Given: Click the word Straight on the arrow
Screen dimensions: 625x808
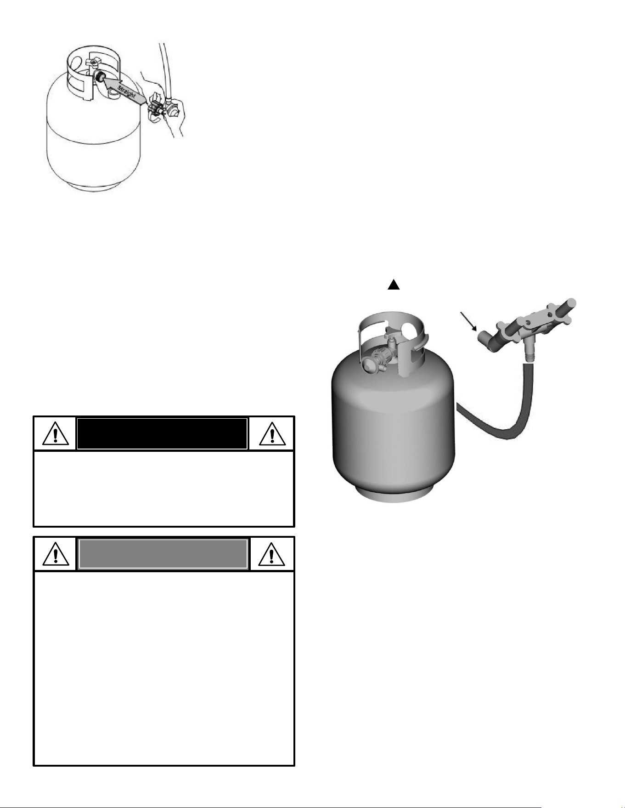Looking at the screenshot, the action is tap(126, 90).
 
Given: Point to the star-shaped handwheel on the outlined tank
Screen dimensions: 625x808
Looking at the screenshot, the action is tap(95, 62).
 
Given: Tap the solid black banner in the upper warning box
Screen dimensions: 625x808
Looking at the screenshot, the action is tap(162, 433).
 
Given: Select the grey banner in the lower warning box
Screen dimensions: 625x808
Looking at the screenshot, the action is tap(163, 553).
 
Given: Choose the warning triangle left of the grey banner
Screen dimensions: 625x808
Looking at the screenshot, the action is tap(55, 554).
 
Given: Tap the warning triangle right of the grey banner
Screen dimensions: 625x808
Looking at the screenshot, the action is tap(272, 554).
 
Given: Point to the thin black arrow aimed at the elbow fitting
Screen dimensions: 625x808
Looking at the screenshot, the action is tap(469, 322).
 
